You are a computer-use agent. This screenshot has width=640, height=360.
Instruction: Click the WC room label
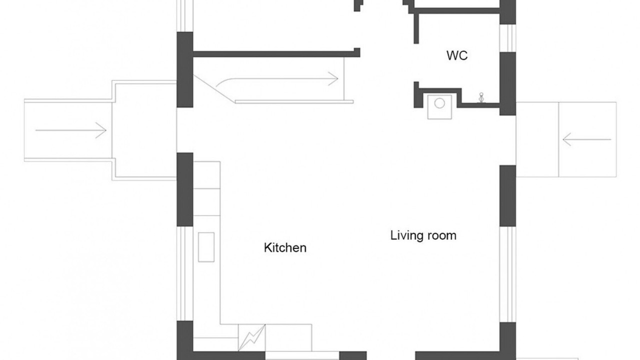coord(457,55)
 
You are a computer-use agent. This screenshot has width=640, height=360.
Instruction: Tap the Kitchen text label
coord(285,247)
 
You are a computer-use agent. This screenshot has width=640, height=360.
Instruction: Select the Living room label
coord(423,235)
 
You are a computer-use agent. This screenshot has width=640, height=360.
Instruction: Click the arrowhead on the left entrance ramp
coord(101,130)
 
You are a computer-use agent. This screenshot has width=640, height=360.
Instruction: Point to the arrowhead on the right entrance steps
coord(567,139)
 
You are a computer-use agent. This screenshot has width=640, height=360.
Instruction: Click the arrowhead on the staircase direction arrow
coord(333,78)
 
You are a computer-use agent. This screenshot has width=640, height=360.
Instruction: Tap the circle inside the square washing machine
coord(439,103)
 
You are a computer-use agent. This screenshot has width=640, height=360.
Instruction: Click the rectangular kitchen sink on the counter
coord(206,247)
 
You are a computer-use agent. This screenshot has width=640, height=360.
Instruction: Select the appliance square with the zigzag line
coord(251,337)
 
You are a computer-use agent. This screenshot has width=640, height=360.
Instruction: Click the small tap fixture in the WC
coord(481,97)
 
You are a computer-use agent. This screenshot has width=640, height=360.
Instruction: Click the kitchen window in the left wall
coord(185,273)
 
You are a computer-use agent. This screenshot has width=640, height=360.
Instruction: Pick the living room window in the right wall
coord(507,274)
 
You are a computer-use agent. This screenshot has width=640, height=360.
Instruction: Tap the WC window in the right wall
coord(507,38)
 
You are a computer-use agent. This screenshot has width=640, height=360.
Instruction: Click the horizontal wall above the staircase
coord(276,53)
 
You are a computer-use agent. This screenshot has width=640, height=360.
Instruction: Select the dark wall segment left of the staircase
coord(185,69)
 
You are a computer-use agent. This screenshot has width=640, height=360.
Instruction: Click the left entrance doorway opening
coord(185,130)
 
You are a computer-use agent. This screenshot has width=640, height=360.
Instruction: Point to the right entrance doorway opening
coord(507,140)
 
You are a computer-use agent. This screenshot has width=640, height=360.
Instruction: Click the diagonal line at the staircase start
coord(214,88)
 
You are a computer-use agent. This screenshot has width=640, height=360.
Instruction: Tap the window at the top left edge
coord(185,15)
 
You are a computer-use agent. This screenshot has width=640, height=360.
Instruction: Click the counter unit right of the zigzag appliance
coord(288,337)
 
